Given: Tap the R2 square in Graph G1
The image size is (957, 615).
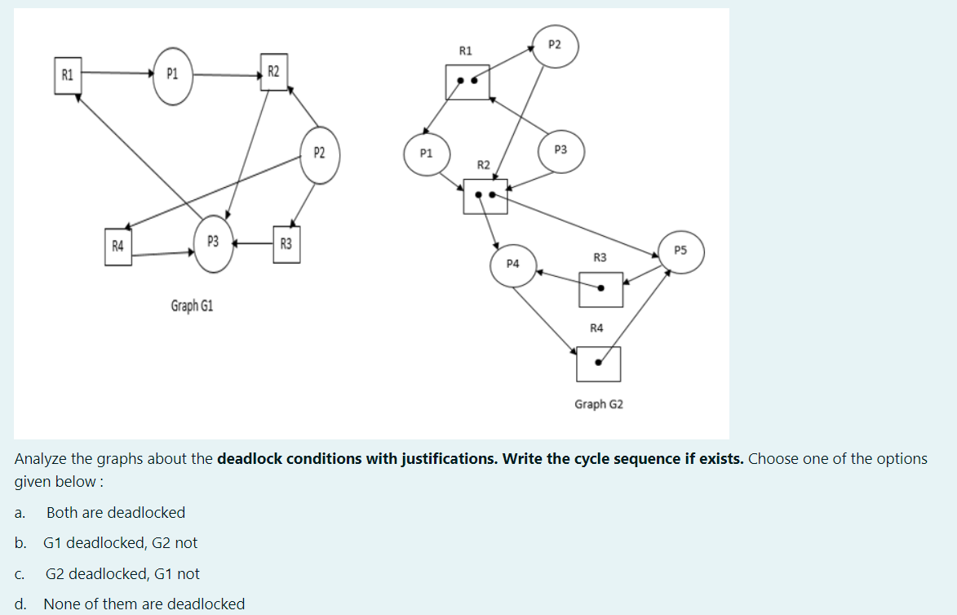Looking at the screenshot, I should tap(273, 73).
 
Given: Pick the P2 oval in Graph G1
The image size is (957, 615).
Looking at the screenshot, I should tap(319, 153).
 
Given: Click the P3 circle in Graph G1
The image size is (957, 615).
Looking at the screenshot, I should tap(213, 242).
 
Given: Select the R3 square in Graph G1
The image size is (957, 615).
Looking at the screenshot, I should tap(286, 243).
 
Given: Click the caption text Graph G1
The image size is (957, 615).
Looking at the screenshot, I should tap(192, 306).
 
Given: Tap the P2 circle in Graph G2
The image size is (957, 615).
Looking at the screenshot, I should tap(555, 46).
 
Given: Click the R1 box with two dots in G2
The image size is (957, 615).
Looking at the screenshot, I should tap(467, 82).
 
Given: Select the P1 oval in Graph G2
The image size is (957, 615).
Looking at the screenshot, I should tap(426, 153).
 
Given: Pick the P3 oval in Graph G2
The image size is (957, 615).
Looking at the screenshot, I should tap(560, 150).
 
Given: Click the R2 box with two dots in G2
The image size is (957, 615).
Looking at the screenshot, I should tap(485, 196).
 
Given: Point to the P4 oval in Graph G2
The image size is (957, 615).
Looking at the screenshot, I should tap(513, 264).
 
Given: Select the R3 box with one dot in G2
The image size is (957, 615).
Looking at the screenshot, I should tap(600, 289).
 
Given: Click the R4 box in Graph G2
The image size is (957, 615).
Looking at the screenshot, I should tap(598, 363).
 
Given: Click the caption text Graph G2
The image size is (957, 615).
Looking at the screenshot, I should tap(598, 404).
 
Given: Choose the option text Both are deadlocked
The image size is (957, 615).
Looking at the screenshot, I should tap(116, 513).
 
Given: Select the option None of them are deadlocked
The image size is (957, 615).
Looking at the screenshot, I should tap(144, 604).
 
